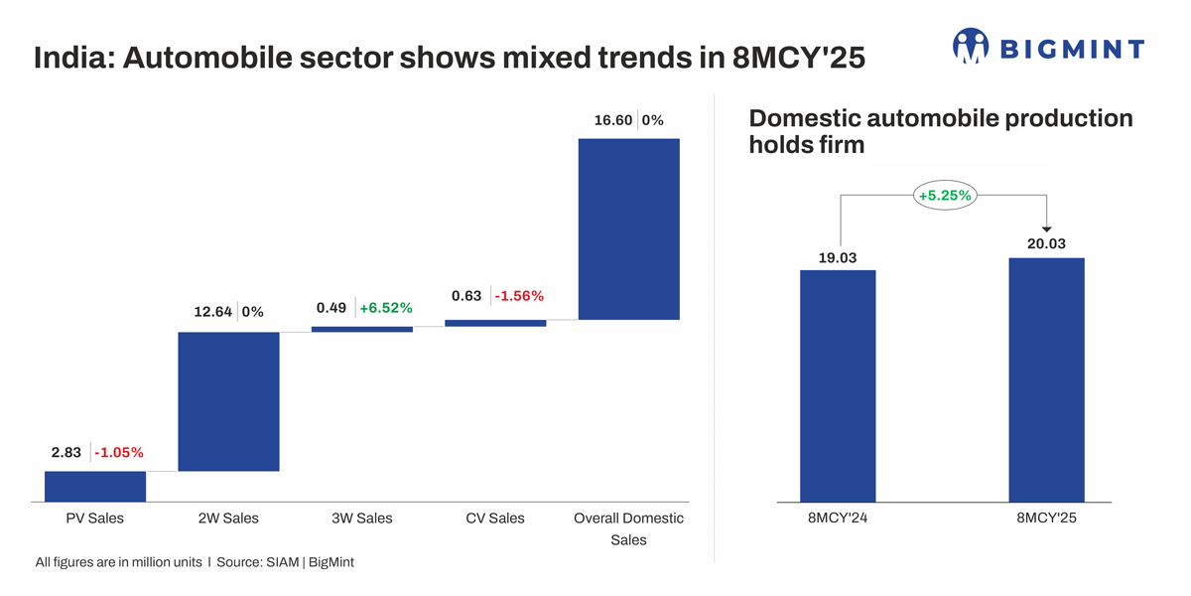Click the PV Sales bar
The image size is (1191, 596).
tap(95, 486)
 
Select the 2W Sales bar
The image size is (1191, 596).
tap(228, 401)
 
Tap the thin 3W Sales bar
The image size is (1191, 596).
tap(361, 329)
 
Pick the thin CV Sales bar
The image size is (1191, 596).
tap(495, 323)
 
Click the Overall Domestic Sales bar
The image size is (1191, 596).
tap(628, 228)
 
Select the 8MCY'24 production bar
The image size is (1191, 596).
tap(838, 385)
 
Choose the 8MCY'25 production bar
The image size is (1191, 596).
tap(1046, 379)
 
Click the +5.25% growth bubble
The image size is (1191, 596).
tap(944, 196)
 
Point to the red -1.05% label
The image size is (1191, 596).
tap(118, 453)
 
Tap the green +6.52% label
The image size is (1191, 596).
tap(385, 308)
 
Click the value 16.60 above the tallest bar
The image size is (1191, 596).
tap(612, 120)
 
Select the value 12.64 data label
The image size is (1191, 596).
tap(212, 312)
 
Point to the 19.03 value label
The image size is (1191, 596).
tap(837, 258)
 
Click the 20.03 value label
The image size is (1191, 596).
tap(1046, 244)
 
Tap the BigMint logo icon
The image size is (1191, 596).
tap(971, 46)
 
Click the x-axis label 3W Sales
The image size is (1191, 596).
tap(361, 519)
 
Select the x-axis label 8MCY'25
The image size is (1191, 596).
tap(1046, 519)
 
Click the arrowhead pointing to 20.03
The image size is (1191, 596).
tap(1046, 229)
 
